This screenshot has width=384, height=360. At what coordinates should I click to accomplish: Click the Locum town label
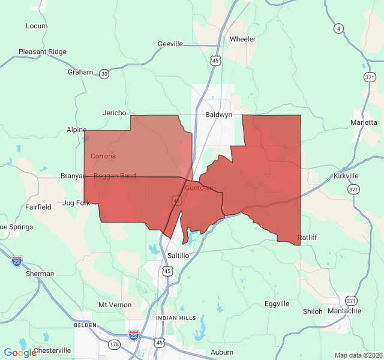click(x=37, y=26)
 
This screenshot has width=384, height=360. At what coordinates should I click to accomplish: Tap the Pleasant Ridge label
click(x=43, y=52)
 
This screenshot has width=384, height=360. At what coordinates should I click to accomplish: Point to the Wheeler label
click(x=242, y=39)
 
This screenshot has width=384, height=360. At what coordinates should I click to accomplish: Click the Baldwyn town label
click(x=218, y=114)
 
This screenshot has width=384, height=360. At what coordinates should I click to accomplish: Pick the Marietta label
click(x=364, y=122)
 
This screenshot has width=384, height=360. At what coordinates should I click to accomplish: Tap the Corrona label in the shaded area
click(x=103, y=156)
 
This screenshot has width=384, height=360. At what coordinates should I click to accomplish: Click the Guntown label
click(x=199, y=188)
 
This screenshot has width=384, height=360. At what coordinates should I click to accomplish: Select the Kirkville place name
click(x=346, y=176)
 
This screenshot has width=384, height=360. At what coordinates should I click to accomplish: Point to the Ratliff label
click(x=307, y=238)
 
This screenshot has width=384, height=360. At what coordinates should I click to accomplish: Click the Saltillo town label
click(x=178, y=256)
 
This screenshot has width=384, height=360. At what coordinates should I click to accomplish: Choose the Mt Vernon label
click(x=115, y=305)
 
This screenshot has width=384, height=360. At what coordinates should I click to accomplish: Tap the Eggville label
click(x=277, y=304)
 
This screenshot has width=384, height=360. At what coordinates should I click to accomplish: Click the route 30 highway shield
click(x=104, y=74)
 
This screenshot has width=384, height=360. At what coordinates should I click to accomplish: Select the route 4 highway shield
click(x=339, y=28)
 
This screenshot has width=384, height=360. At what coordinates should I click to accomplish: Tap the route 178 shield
click(x=114, y=344)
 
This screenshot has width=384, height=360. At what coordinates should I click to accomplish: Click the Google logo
click(x=20, y=353)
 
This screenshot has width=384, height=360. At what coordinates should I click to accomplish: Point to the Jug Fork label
click(x=76, y=203)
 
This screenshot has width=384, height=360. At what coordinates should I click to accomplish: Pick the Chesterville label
click(x=52, y=350)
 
